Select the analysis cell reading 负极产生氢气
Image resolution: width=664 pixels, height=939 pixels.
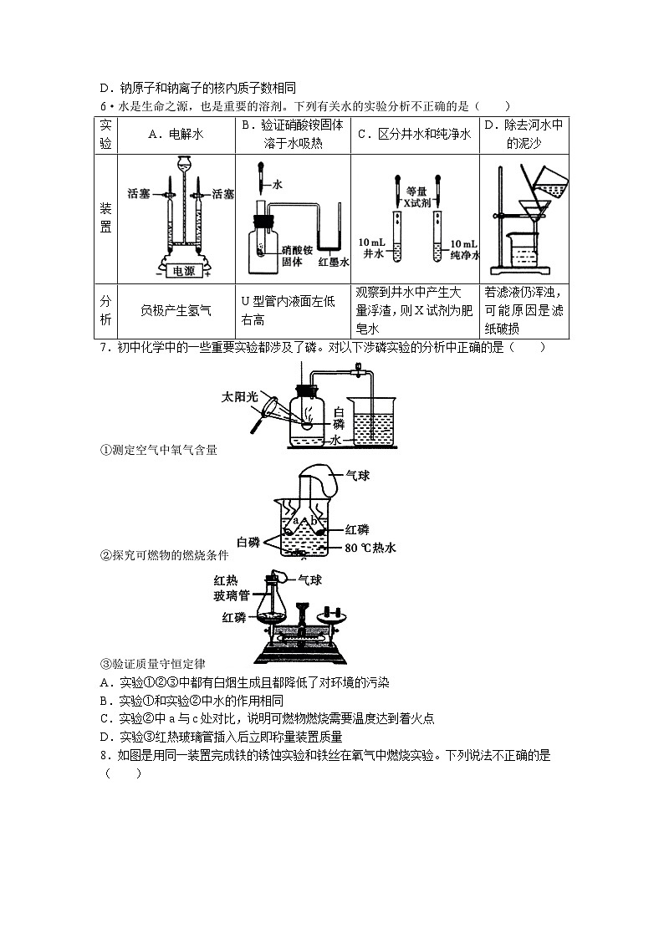pos(176,311)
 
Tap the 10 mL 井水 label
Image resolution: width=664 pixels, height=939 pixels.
pos(371,248)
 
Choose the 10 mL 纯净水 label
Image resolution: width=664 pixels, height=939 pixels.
pos(462,248)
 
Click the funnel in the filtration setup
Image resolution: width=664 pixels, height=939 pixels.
pos(532,208)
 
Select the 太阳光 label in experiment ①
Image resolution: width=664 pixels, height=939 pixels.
pos(239,396)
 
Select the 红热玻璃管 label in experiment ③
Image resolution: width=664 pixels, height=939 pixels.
pos(232,588)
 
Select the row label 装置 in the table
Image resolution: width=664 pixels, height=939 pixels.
pos(106,219)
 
